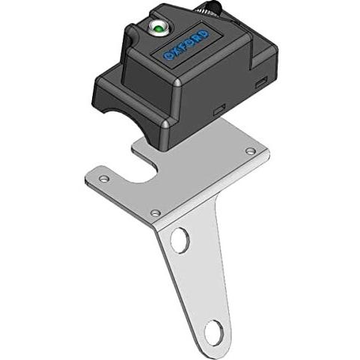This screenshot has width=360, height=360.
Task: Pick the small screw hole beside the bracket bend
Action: tap(155, 213)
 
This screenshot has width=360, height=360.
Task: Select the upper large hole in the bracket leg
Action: tap(180, 240)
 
